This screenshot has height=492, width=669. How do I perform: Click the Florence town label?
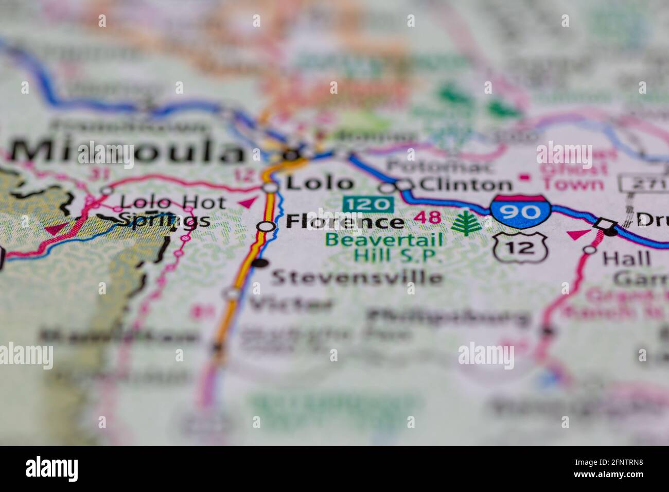pyautogui.click(x=344, y=222)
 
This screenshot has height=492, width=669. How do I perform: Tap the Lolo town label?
pyautogui.click(x=320, y=183)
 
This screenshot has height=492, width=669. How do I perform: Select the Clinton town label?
pyautogui.click(x=466, y=184)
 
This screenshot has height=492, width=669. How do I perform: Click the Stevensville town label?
pyautogui.click(x=357, y=277)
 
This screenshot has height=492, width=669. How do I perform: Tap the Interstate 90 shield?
pyautogui.click(x=520, y=211)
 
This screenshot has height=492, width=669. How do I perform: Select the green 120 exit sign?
pyautogui.click(x=368, y=204)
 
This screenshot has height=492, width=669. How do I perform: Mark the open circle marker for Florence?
pyautogui.click(x=266, y=226)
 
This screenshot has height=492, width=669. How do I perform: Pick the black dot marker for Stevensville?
pyautogui.click(x=262, y=263)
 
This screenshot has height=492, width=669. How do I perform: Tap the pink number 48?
pyautogui.click(x=429, y=218)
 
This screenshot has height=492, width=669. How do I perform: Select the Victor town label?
pyautogui.click(x=291, y=305)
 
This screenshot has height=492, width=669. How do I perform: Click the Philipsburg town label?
pyautogui.click(x=448, y=317)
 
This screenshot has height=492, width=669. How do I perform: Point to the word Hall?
pyautogui.click(x=626, y=258)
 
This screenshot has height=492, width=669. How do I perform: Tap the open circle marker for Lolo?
pyautogui.click(x=270, y=187)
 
